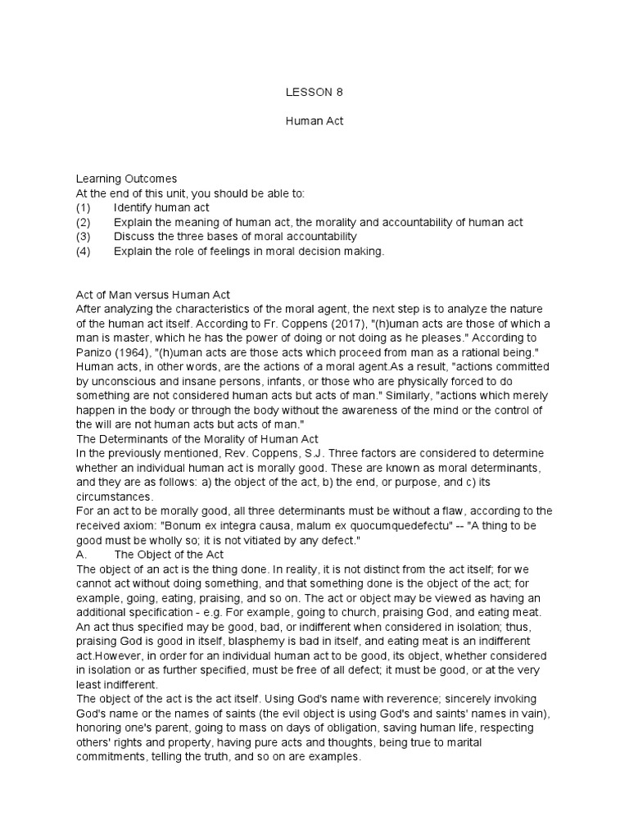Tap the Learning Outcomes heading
tap(126, 179)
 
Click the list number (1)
tap(84, 207)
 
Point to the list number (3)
tap(84, 237)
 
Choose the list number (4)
tap(84, 252)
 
